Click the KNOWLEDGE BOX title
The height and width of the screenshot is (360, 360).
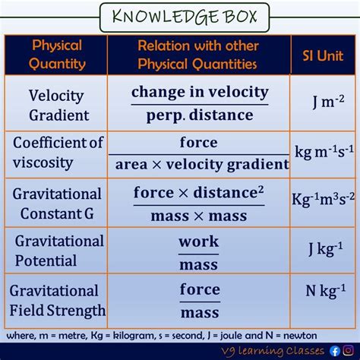[185, 17]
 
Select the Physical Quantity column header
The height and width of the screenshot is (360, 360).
[57, 55]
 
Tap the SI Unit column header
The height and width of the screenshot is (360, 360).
[323, 55]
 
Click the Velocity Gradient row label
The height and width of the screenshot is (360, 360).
[58, 106]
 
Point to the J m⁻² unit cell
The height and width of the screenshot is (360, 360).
[328, 101]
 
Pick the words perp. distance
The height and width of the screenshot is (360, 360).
[200, 115]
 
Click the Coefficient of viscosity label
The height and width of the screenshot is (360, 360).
[58, 153]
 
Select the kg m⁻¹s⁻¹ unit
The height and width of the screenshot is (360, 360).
[324, 152]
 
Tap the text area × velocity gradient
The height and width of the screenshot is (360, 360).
[202, 165]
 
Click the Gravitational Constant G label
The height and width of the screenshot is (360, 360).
[57, 204]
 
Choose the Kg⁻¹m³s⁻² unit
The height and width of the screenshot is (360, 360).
[323, 199]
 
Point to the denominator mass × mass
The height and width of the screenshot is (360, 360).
[199, 216]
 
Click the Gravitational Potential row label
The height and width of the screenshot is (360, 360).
[59, 251]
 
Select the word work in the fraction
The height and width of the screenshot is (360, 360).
[198, 242]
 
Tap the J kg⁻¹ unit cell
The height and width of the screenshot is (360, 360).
[326, 248]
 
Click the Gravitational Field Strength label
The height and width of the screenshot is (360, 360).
[58, 301]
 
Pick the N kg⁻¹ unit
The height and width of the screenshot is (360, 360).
[326, 291]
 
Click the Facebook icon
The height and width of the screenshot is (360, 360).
[335, 351]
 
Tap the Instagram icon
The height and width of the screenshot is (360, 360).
[349, 351]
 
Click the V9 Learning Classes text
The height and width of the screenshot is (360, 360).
[273, 352]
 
